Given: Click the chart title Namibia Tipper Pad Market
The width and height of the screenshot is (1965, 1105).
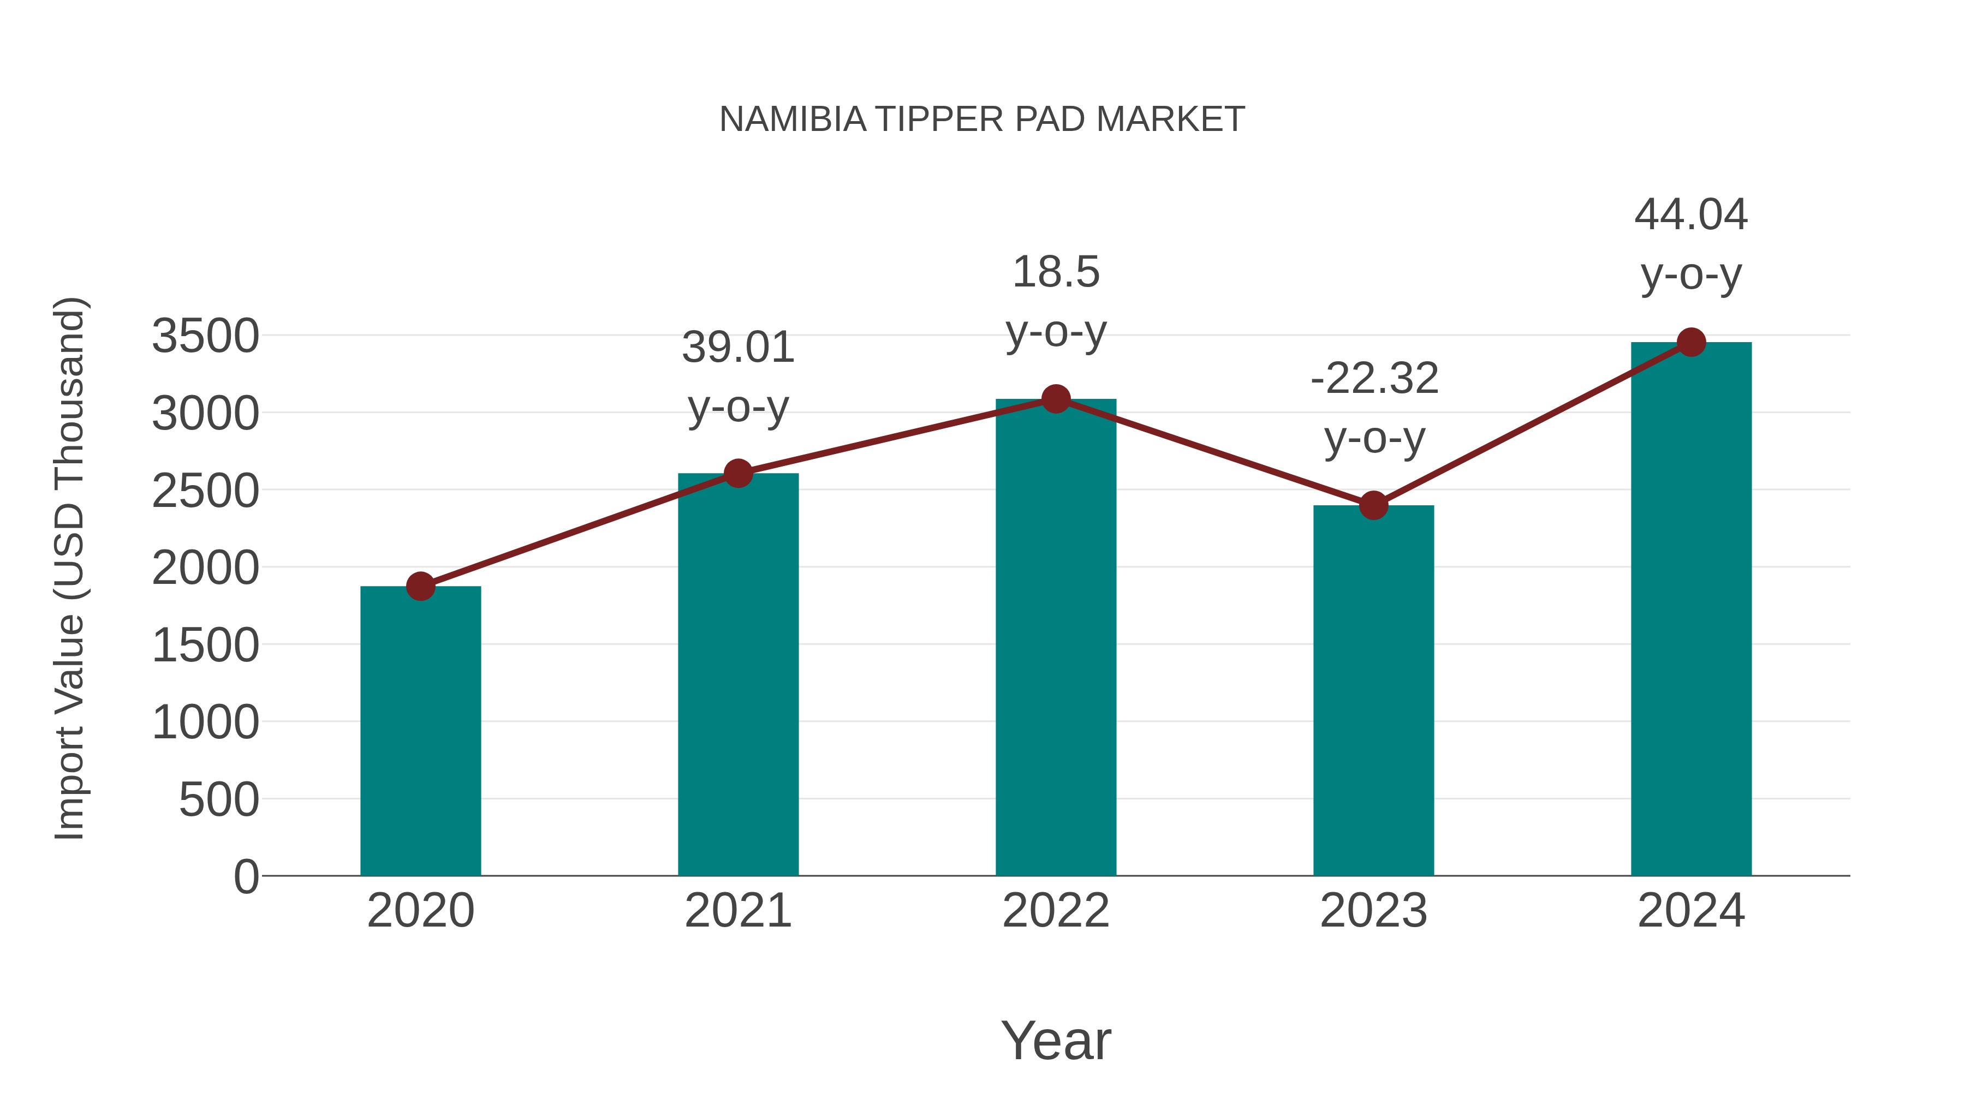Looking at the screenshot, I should [982, 120].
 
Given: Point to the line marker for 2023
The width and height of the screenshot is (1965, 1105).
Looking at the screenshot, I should [1373, 505].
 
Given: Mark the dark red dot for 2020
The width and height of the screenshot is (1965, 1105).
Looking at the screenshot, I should [420, 587].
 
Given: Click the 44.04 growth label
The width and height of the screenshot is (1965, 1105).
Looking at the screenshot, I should [1691, 214].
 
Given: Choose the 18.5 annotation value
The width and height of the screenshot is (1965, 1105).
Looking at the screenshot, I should [1056, 272].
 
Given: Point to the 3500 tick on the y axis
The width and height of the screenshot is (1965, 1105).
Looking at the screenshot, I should [205, 336].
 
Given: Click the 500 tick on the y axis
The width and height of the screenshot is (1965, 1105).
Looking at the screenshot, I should [219, 800].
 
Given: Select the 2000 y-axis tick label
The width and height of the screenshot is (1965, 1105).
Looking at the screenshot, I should [205, 568].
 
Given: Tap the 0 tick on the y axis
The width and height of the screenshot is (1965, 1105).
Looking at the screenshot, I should [246, 877].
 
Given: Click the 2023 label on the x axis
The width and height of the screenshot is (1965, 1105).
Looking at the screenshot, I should [1373, 911].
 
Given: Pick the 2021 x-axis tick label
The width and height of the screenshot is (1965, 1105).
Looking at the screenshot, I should [737, 911].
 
